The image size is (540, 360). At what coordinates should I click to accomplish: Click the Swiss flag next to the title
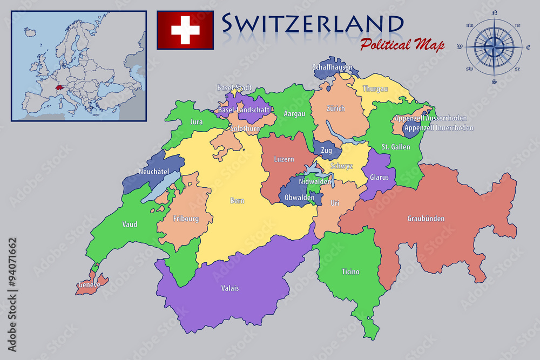[185, 30]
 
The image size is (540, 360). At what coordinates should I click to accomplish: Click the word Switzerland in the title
[313, 23]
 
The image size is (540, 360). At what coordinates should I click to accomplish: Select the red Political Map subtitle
[402, 44]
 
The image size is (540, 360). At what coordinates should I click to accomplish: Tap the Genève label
[89, 284]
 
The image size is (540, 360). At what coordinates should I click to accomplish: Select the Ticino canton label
[350, 271]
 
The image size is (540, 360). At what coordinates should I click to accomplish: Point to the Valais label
[230, 288]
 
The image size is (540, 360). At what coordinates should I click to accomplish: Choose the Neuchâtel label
[154, 172]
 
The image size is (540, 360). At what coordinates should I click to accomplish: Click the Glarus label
[379, 177]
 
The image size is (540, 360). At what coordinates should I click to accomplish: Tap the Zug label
[326, 151]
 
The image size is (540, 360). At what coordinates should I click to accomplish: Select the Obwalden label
[299, 198]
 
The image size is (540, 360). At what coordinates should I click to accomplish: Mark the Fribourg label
[186, 219]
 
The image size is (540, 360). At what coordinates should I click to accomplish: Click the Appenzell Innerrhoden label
[438, 128]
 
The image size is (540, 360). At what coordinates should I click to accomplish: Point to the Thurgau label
[375, 89]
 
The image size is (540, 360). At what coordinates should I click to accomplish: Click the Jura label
[197, 122]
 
